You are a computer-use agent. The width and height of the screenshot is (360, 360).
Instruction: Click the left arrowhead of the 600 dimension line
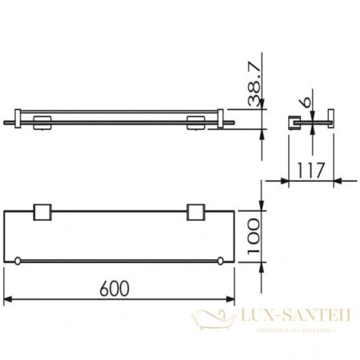(8, 298)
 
